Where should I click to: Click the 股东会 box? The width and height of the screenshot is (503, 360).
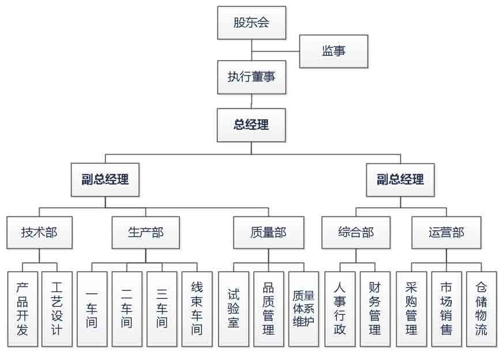click(251, 24)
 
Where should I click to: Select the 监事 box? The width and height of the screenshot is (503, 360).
click(333, 51)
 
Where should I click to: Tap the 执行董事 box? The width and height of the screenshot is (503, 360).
click(251, 77)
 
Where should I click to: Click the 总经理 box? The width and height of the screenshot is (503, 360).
click(251, 125)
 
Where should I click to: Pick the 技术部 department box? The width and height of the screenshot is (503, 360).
click(39, 232)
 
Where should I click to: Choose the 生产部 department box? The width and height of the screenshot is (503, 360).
click(145, 232)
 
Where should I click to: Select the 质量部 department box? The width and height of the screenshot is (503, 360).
click(268, 232)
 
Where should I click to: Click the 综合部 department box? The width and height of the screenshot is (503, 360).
click(356, 232)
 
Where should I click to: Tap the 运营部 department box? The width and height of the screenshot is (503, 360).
click(446, 232)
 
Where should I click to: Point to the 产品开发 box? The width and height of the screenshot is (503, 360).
click(22, 309)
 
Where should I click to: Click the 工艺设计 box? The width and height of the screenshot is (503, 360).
click(57, 309)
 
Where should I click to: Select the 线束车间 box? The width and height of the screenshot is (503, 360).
click(197, 309)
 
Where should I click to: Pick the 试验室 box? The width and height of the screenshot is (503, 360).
click(234, 309)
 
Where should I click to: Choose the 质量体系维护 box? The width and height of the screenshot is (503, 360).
click(303, 309)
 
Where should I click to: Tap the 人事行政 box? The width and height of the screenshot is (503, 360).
click(339, 309)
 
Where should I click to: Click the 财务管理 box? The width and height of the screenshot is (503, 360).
click(375, 309)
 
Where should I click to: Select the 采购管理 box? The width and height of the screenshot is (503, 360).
click(411, 309)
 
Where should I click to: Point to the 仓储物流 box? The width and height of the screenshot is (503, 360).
click(481, 309)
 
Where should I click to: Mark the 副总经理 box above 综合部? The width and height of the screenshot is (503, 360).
click(400, 179)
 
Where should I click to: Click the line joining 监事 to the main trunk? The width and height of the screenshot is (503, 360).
click(276, 51)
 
